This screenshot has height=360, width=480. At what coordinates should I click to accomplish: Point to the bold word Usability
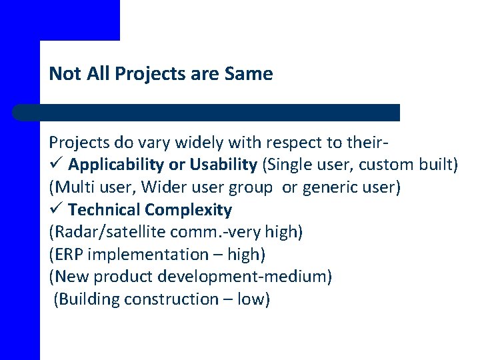point(223,165)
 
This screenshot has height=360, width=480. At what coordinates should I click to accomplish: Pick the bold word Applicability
point(117,165)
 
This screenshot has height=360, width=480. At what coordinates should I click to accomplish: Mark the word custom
point(373,165)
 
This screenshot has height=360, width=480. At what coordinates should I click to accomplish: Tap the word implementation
point(138,255)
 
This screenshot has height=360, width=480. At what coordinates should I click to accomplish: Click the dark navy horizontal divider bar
point(207,113)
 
